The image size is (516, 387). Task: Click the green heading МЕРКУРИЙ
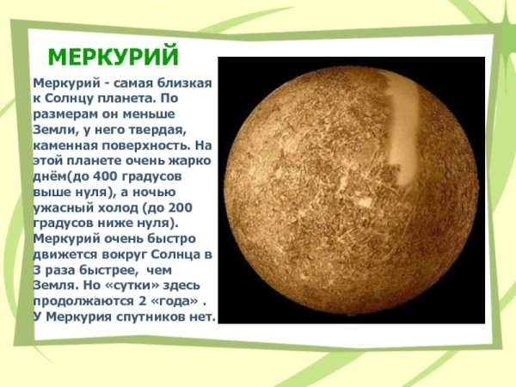click(x=114, y=58)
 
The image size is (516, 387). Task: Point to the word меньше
click(x=183, y=114)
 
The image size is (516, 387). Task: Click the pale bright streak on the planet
click(x=397, y=129)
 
